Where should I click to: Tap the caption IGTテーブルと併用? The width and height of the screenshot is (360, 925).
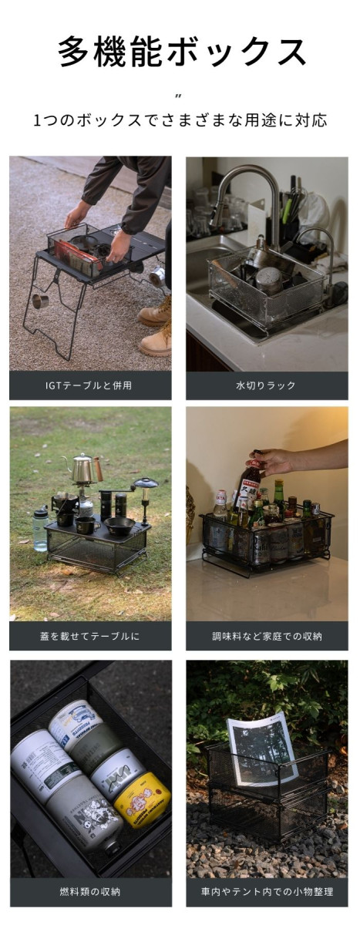click(x=89, y=385)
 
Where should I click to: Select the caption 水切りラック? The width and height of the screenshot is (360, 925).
click(x=266, y=385)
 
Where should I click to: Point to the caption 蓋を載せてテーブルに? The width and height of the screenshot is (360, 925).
click(x=90, y=636)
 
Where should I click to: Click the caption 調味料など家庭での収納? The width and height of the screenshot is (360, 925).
click(x=267, y=636)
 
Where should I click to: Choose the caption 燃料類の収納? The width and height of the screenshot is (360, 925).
click(x=90, y=892)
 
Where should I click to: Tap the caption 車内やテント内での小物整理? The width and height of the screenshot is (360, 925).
click(x=267, y=892)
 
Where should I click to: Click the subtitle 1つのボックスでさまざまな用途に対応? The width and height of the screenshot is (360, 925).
click(x=180, y=120)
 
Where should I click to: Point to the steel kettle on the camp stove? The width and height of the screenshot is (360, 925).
click(x=84, y=468)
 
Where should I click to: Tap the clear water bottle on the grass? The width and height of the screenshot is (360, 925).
click(x=40, y=530)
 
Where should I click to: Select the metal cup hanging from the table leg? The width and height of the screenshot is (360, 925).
click(x=40, y=301)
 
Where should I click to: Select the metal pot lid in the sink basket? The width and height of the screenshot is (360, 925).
click(x=270, y=278)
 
